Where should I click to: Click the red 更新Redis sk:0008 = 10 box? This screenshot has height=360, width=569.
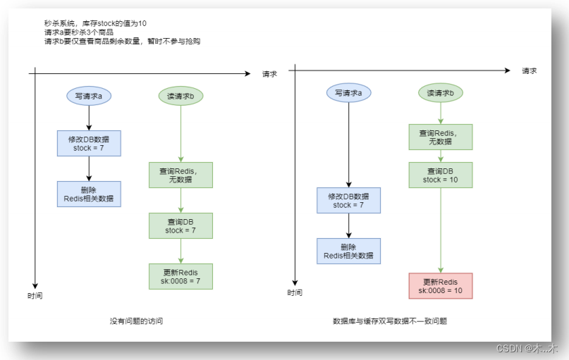pyautogui.click(x=440, y=286)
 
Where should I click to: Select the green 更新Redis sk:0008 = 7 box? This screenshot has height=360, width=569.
pyautogui.click(x=181, y=276)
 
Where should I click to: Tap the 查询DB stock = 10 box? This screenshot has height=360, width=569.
pyautogui.click(x=441, y=175)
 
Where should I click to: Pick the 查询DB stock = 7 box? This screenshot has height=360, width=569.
pyautogui.click(x=181, y=225)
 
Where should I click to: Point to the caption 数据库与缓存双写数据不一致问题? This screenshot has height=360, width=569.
pyautogui.click(x=390, y=321)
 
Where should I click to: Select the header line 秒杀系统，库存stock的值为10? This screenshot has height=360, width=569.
pyautogui.click(x=94, y=23)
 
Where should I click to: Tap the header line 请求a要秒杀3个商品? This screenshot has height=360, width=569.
pyautogui.click(x=79, y=32)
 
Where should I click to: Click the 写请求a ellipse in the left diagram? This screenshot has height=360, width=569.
pyautogui.click(x=89, y=95)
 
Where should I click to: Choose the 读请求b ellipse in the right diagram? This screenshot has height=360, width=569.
pyautogui.click(x=441, y=92)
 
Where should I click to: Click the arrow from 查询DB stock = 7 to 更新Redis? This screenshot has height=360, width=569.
pyautogui.click(x=181, y=251)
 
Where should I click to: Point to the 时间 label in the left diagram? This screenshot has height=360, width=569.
pyautogui.click(x=35, y=296)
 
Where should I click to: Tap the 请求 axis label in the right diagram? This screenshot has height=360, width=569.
pyautogui.click(x=530, y=70)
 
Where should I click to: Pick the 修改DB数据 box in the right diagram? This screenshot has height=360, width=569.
pyautogui.click(x=348, y=200)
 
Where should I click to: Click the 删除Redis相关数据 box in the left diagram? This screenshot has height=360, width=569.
pyautogui.click(x=89, y=194)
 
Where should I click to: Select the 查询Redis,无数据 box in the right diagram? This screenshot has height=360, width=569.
pyautogui.click(x=441, y=137)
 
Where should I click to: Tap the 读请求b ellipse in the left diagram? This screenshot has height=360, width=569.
pyautogui.click(x=181, y=95)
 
